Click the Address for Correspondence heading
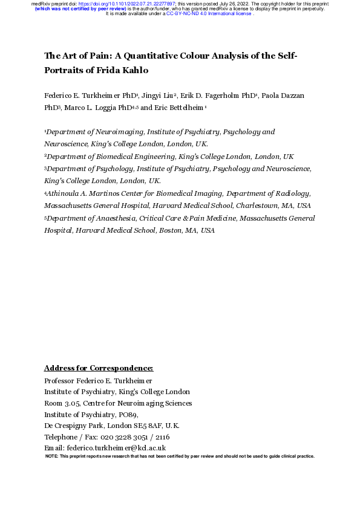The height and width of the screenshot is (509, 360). [99, 368]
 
